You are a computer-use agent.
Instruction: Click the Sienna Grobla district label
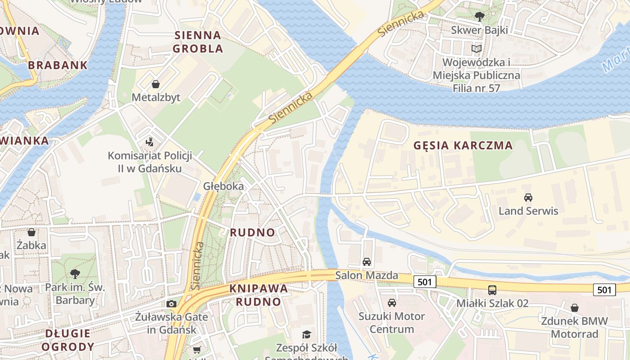tap(198, 42)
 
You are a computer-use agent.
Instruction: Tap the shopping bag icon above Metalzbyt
tap(156, 84)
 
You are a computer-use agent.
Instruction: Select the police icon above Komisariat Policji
tap(150, 142)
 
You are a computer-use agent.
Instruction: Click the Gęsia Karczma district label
tap(463, 145)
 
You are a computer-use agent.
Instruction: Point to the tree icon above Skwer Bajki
tap(480, 17)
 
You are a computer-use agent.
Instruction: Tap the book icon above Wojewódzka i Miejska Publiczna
tap(477, 49)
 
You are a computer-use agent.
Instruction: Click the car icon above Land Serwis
tap(528, 197)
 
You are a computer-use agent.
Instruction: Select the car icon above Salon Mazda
tap(367, 262)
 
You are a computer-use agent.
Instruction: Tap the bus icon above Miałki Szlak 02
tap(492, 290)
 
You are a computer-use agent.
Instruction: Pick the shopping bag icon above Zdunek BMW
tap(575, 308)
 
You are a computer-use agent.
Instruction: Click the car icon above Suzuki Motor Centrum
tap(392, 303)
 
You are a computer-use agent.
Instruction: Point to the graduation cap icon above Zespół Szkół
tap(306, 334)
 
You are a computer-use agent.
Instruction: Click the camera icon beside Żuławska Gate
tap(171, 304)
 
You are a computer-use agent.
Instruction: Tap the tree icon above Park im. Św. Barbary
tap(75, 274)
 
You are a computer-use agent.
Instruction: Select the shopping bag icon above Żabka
tap(31, 232)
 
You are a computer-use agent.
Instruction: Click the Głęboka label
tap(223, 186)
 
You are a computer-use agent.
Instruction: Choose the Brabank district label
tap(58, 65)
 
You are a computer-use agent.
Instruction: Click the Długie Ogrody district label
tap(68, 340)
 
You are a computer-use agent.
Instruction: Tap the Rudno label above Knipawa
tap(252, 233)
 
